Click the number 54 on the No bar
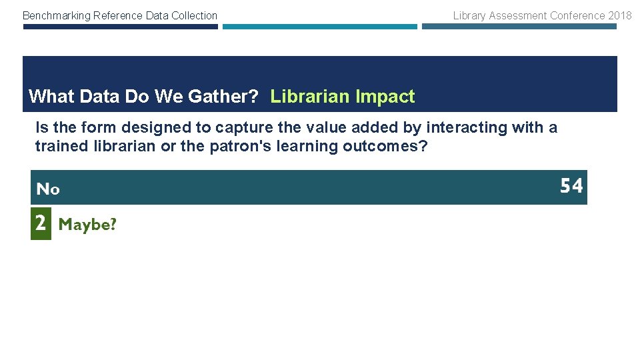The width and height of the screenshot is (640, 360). [571, 186]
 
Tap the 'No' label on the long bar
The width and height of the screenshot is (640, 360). [48, 189]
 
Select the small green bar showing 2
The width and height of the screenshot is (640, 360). [41, 224]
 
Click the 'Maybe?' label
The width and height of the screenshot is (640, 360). [87, 225]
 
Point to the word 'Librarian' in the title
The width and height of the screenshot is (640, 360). [310, 97]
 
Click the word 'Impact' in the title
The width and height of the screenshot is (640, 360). [385, 97]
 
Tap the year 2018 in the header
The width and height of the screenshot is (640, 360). [619, 15]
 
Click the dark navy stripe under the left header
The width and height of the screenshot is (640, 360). [120, 27]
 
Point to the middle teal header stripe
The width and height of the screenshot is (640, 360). [319, 27]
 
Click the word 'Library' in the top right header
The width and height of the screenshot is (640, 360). [469, 15]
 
